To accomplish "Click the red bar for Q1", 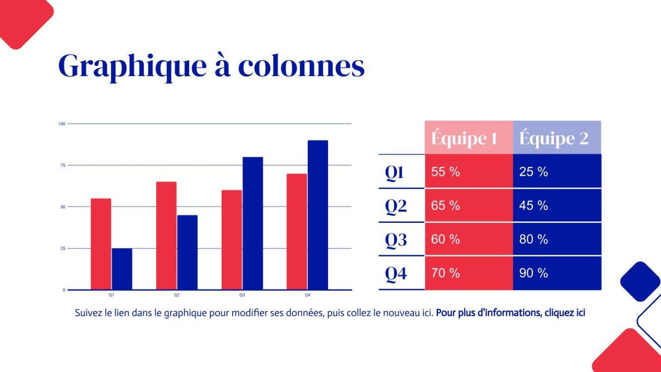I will [x=101, y=244].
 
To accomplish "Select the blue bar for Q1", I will [x=122, y=269].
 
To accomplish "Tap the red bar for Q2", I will [x=166, y=236].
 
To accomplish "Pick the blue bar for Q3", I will [x=252, y=223].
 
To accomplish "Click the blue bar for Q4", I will [x=318, y=215].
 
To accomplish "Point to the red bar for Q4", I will [x=296, y=232].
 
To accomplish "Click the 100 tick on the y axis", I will [x=62, y=124].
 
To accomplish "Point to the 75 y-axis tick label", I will [x=62, y=165].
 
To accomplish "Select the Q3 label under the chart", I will [x=242, y=295].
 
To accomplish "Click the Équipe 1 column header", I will [x=464, y=138].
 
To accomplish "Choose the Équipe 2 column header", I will [x=554, y=138].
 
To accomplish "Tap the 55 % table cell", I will [x=446, y=172].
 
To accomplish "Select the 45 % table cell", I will [x=534, y=206].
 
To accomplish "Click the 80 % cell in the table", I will [x=534, y=240].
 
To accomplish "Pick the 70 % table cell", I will [x=446, y=273].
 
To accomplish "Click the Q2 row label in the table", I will [x=396, y=206].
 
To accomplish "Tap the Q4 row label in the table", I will [x=396, y=273].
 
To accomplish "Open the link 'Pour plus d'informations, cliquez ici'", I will [x=510, y=313].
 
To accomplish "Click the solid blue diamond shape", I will [x=640, y=281].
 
